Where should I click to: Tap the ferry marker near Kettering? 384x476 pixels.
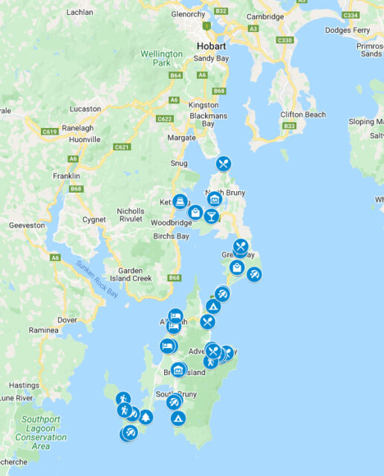(180, 202)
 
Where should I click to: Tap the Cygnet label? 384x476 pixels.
(94, 219)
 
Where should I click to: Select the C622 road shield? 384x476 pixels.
(164, 118)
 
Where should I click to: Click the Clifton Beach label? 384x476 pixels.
(302, 115)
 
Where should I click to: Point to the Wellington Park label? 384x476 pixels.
(162, 59)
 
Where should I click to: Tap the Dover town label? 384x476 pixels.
(67, 320)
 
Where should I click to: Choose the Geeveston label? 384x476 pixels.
(27, 224)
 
